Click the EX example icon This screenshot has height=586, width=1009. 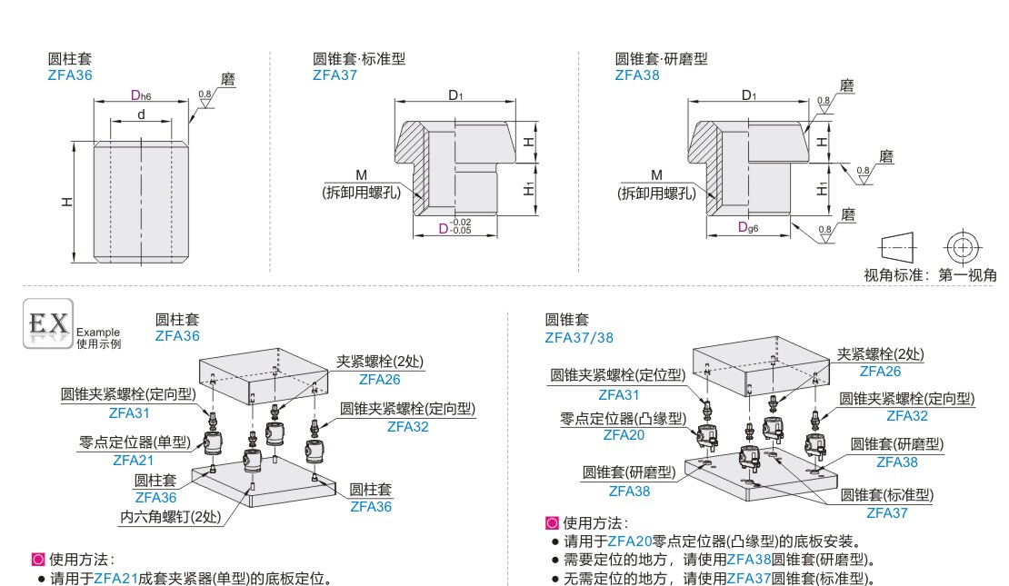pyautogui.click(x=47, y=325)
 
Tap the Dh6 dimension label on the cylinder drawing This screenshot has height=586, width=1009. pyautogui.click(x=140, y=95)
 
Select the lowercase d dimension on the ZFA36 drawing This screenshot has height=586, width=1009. pyautogui.click(x=141, y=114)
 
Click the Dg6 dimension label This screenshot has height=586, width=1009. pyautogui.click(x=749, y=227)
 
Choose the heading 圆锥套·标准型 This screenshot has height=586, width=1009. pyautogui.click(x=359, y=59)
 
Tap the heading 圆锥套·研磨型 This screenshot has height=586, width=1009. pyautogui.click(x=661, y=59)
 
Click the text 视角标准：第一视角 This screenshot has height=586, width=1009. pyautogui.click(x=930, y=275)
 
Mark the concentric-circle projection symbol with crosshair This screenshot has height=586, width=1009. pyautogui.click(x=962, y=246)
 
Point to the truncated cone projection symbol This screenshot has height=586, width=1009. pyautogui.click(x=897, y=246)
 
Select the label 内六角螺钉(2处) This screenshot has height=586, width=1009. pyautogui.click(x=170, y=517)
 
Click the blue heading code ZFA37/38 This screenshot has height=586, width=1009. pyautogui.click(x=579, y=337)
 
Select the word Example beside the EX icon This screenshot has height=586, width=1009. pyautogui.click(x=98, y=333)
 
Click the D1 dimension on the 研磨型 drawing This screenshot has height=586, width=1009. pyautogui.click(x=748, y=95)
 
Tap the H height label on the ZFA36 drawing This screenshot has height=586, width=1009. pyautogui.click(x=69, y=202)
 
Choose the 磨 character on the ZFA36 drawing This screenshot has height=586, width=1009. pyautogui.click(x=227, y=80)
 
